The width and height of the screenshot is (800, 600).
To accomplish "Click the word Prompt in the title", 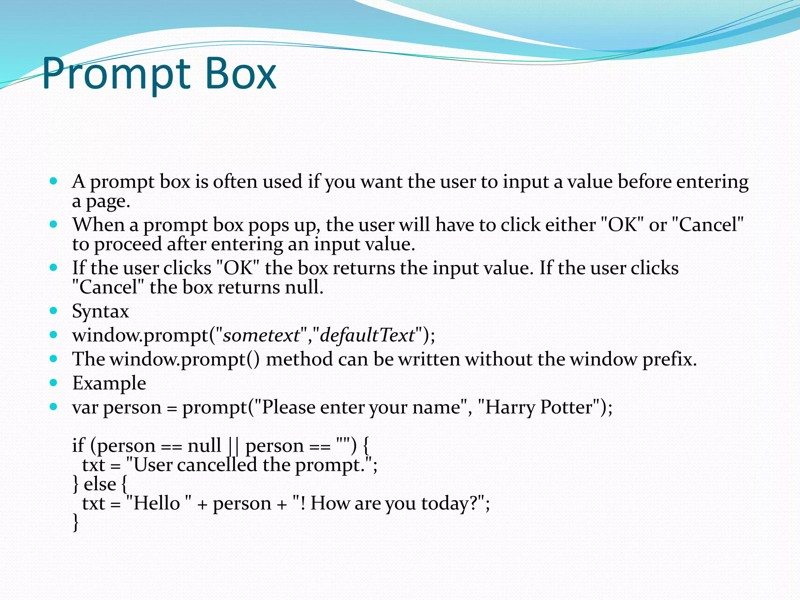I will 115,74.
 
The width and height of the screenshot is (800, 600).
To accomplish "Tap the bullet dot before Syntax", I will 54,311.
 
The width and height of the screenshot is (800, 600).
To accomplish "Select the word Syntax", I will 100,312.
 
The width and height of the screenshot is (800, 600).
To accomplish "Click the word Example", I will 109,383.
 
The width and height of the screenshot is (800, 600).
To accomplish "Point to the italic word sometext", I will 261,336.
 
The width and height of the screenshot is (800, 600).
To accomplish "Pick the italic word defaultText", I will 367,336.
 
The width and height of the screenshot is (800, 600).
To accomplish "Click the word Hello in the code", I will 156,503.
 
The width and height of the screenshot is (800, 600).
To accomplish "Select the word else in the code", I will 100,484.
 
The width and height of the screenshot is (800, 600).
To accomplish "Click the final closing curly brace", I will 76,522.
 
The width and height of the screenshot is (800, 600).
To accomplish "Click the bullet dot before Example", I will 54,382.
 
